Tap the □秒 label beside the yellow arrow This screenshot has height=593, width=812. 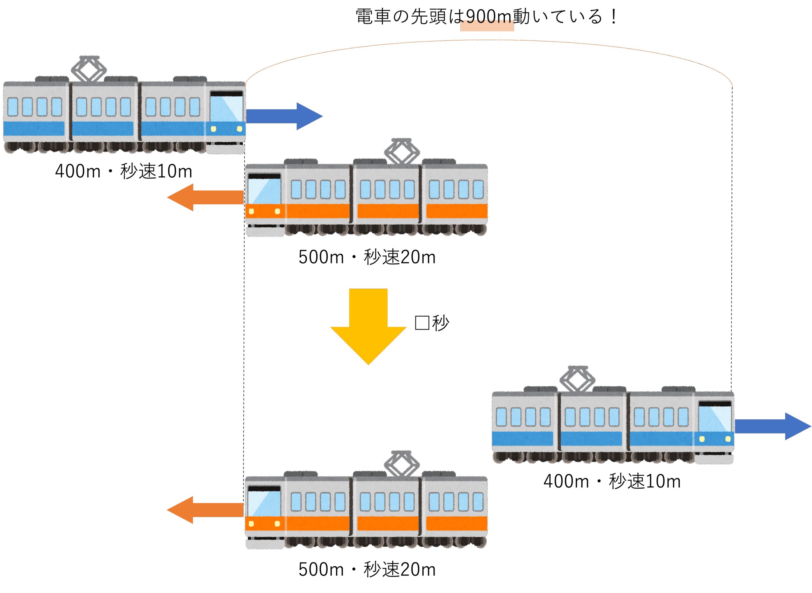tap(432, 323)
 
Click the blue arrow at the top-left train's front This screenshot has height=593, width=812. tap(284, 116)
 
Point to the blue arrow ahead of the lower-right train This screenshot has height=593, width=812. tap(772, 426)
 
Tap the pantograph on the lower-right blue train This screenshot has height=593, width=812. tap(577, 379)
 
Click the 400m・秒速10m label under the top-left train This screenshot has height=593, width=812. tap(123, 171)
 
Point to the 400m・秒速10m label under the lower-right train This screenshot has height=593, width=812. tap(612, 481)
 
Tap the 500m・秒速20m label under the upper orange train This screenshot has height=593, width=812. tap(367, 257)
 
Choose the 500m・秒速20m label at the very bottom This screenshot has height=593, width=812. tap(367, 570)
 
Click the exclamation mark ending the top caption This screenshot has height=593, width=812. tap(613, 17)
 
